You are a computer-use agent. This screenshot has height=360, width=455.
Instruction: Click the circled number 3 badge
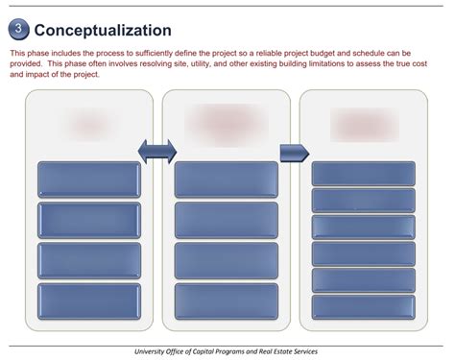[x=18, y=30]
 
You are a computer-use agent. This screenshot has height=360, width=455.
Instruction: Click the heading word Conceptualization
[x=103, y=31]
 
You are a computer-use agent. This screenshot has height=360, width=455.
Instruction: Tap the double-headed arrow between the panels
[x=157, y=151]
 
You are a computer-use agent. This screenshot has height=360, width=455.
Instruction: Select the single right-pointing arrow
[x=294, y=153]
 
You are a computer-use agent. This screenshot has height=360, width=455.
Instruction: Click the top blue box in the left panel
[x=88, y=180]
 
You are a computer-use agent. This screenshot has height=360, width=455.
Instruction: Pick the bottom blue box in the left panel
[x=88, y=301]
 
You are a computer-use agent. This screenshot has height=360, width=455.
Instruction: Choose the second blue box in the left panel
[x=88, y=220]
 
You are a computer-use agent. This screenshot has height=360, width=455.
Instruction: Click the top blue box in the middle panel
[x=227, y=180]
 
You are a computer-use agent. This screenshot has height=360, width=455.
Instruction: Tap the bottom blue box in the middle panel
[x=227, y=301]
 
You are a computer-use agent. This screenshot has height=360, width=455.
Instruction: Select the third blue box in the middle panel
[x=227, y=261]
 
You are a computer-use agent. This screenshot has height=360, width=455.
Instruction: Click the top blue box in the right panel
[x=364, y=174]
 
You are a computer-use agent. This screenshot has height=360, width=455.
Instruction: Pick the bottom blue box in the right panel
[x=364, y=307]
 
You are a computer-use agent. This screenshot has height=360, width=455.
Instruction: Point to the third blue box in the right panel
[x=364, y=227]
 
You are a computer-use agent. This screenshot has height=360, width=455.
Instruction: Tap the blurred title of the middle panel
[x=227, y=123]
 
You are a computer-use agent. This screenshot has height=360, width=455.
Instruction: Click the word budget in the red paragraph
[x=323, y=54]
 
